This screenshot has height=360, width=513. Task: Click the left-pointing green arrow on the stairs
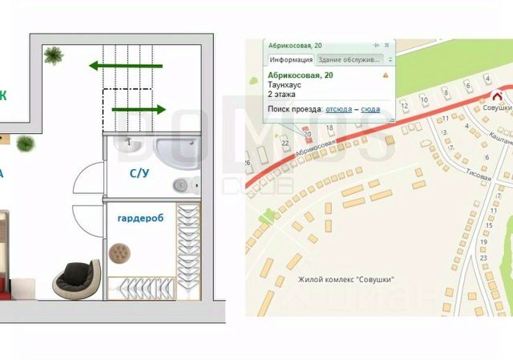[126, 66]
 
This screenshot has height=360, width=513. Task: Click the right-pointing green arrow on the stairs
[138, 109]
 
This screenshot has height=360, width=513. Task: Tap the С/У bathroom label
[144, 173]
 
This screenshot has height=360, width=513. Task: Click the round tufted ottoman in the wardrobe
[121, 253]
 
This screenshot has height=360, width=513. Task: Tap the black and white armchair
[77, 277]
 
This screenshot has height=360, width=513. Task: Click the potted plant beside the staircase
[55, 55]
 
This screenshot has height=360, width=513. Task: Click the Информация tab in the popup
[290, 60]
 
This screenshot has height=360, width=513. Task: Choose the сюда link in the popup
[370, 108]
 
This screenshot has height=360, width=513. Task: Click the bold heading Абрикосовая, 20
[301, 75]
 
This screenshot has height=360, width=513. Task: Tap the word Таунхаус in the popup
[283, 85]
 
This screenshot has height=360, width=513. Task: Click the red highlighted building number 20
[308, 134]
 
